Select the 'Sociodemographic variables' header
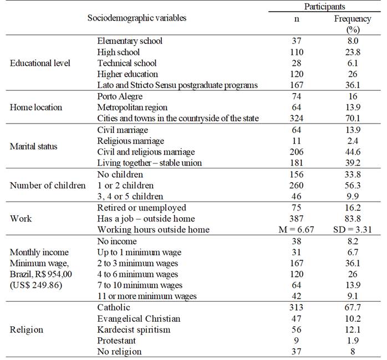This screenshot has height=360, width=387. pos(137,18)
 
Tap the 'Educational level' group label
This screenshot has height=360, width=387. pos(40,63)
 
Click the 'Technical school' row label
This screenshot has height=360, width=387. pos(127,63)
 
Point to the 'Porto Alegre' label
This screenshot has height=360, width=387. pos(120,96)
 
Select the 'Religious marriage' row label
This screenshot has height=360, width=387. pos(130,141)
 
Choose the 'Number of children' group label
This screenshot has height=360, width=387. pos(48,185)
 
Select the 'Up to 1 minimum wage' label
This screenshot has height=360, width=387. pos(139,252)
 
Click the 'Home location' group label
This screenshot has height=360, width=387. pos(36,107)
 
